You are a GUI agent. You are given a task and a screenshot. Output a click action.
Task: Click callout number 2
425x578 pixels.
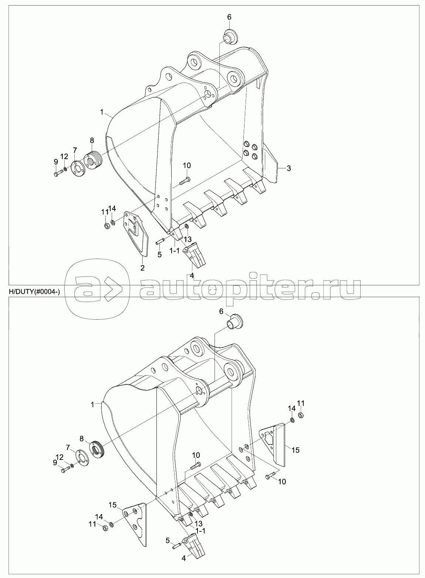[142, 268]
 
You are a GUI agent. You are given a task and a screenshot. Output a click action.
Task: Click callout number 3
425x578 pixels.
[289, 168]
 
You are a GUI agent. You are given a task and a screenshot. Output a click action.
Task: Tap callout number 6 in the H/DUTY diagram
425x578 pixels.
[221, 312]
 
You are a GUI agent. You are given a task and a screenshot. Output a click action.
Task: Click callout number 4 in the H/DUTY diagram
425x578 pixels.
[183, 557]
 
